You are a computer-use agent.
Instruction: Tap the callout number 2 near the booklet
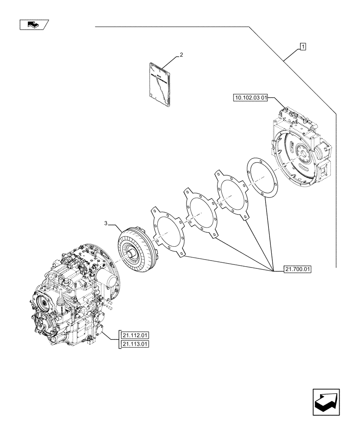pos(181,55)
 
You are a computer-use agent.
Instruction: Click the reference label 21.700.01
pos(298,269)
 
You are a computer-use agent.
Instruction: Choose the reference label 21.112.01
pos(136,335)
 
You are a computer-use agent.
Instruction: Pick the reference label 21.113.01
pos(136,345)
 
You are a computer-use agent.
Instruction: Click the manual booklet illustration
pos(159,84)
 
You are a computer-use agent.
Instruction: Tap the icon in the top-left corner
pos(34,25)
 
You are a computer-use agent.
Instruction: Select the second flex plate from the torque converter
pos(200,213)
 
